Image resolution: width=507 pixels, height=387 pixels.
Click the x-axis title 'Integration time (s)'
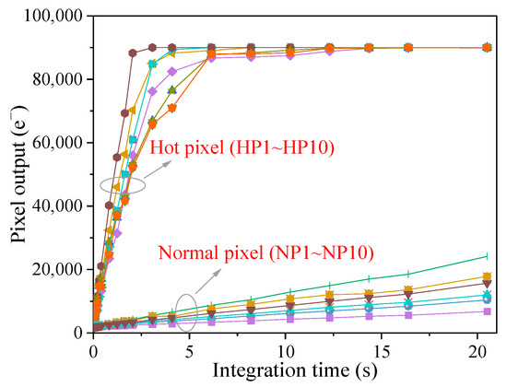(295, 370)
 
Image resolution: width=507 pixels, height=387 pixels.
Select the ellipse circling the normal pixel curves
(186, 312)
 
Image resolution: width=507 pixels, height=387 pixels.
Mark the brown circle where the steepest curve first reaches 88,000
(133, 53)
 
